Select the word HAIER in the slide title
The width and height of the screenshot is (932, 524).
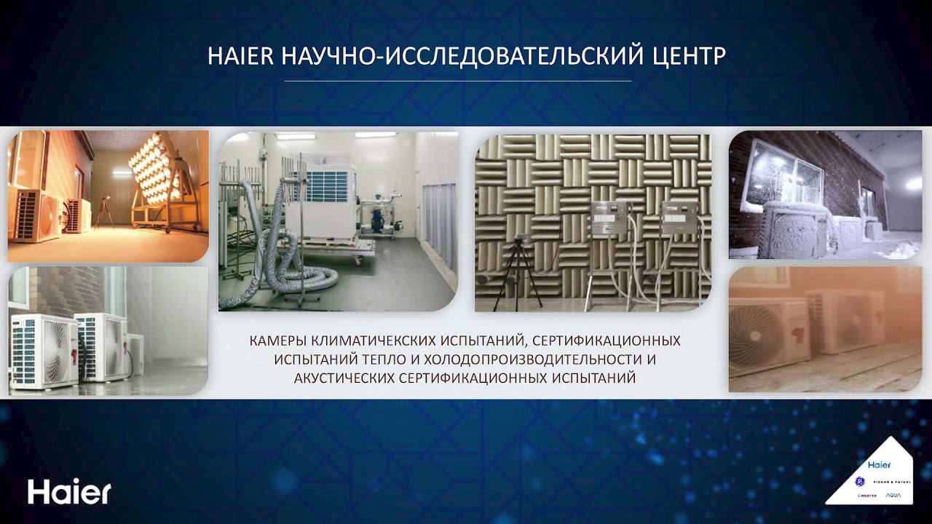(239, 57)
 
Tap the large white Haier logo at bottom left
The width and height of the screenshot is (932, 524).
(69, 492)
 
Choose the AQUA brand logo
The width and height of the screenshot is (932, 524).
(892, 495)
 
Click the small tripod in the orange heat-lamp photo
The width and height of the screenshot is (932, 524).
(103, 212)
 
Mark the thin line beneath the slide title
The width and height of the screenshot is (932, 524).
(457, 81)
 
